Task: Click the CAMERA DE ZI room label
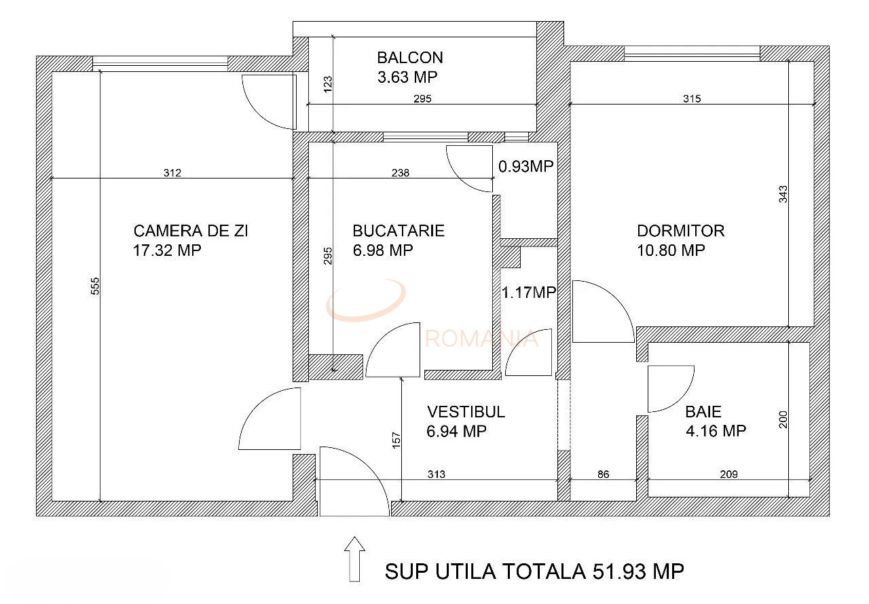pos(190,231)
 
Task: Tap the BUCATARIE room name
pos(399,231)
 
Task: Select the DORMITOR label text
pos(680,231)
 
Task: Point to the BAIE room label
pos(703,411)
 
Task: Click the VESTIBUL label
pos(466,412)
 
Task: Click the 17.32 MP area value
pos(168,250)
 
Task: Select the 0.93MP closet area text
pos(526,166)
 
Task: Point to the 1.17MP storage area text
pos(529,292)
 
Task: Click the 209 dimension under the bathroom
pos(728,474)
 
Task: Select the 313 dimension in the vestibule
pos(437,474)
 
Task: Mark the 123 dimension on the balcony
pos(328,83)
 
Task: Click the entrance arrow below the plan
pos(354,558)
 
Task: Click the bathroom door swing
pos(669,388)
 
